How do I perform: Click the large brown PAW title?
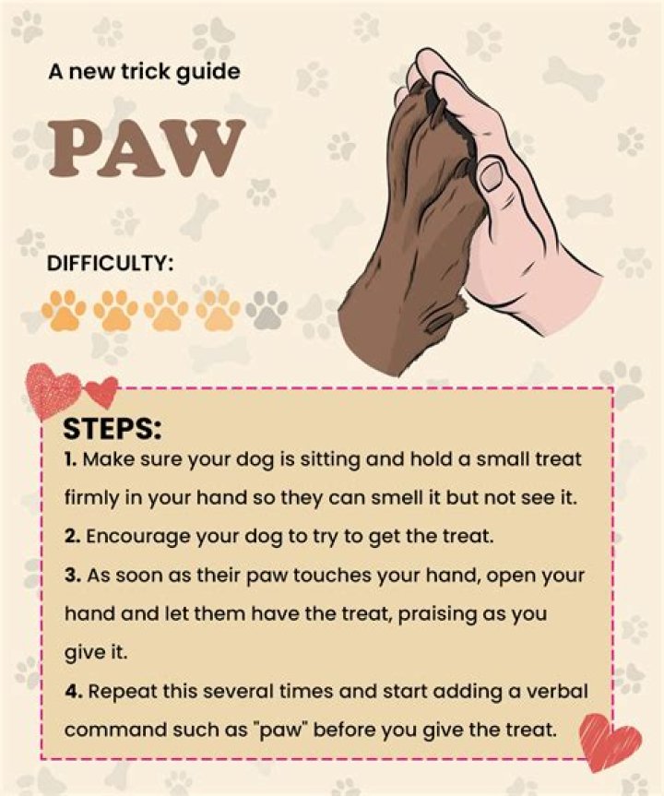pyautogui.click(x=147, y=149)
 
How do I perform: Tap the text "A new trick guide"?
pyautogui.click(x=144, y=72)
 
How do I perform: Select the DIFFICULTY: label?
pyautogui.click(x=110, y=264)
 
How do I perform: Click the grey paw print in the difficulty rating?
pyautogui.click(x=267, y=309)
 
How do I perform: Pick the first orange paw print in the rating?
pyautogui.click(x=64, y=310)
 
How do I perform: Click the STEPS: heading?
pyautogui.click(x=113, y=429)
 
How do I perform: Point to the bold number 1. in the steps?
pyautogui.click(x=71, y=459)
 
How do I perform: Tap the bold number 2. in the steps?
pyautogui.click(x=73, y=537)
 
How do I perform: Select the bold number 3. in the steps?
pyautogui.click(x=73, y=576)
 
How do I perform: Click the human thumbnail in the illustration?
pyautogui.click(x=492, y=175)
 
